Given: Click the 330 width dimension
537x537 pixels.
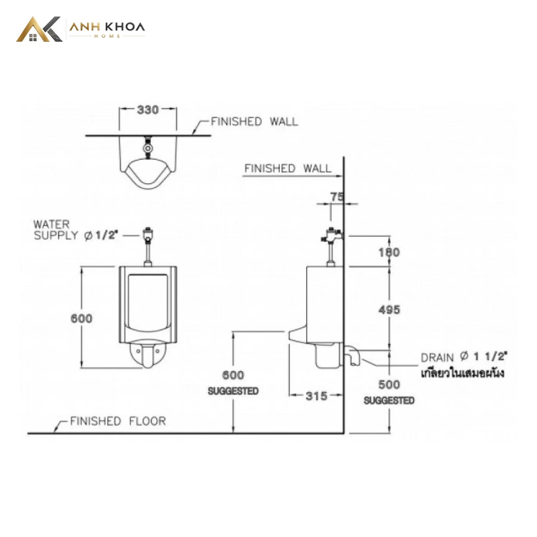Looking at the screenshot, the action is coord(148,110).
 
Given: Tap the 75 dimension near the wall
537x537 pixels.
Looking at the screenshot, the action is coord(337,196).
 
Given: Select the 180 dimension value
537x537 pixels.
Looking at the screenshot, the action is coord(389,252).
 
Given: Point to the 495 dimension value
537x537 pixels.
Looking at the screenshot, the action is coord(389,310).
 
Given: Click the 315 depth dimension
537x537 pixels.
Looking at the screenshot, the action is coord(316,396).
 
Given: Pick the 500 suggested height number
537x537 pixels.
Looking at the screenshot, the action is coord(389,385).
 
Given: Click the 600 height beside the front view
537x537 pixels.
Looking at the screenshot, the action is coord(82,319).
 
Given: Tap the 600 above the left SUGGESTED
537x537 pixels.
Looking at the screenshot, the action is coord(233,375).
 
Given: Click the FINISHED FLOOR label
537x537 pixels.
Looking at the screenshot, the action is coord(118,421).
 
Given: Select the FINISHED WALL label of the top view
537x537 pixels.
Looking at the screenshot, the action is coord(254,122).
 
